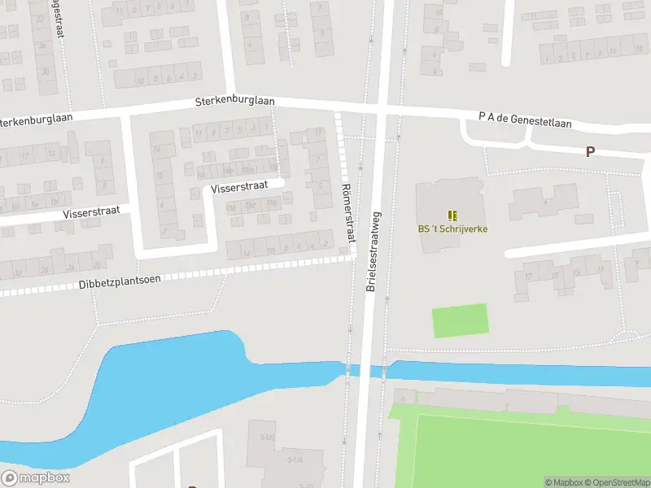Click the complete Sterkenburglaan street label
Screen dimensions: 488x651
click(x=234, y=102)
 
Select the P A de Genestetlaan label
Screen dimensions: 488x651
click(x=525, y=120)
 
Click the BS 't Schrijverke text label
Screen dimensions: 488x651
click(x=452, y=229)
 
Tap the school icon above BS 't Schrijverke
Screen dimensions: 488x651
click(x=452, y=216)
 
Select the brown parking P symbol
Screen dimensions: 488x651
click(x=590, y=151)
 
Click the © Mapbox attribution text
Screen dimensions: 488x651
click(x=563, y=482)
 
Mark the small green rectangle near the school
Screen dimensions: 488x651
click(x=460, y=320)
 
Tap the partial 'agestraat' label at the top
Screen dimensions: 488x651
click(x=59, y=18)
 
